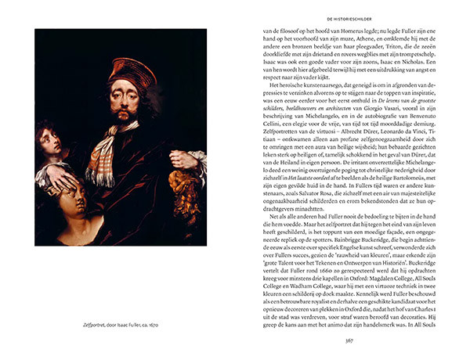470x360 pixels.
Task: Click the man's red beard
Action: pos(123,117)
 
